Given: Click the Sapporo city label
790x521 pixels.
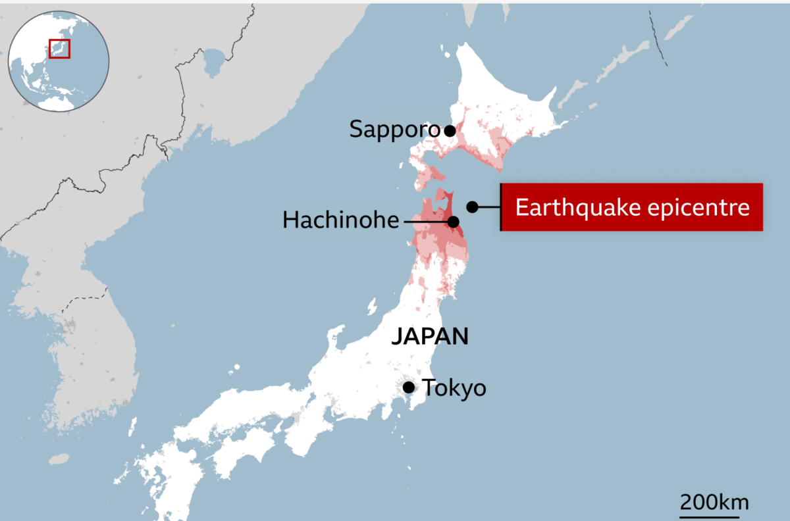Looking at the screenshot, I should pyautogui.click(x=394, y=130).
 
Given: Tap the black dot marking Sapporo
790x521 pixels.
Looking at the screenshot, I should pyautogui.click(x=450, y=130).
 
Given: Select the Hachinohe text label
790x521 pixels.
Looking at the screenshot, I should pyautogui.click(x=340, y=220).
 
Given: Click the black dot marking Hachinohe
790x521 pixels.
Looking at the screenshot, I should pyautogui.click(x=453, y=222).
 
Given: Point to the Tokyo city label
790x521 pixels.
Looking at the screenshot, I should pyautogui.click(x=454, y=388).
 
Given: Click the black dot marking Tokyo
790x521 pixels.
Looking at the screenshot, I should pyautogui.click(x=409, y=387).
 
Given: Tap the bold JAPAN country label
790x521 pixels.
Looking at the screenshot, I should pyautogui.click(x=430, y=337).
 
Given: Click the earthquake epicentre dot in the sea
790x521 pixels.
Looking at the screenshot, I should pyautogui.click(x=472, y=207).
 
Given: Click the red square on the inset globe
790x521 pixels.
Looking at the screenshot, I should pyautogui.click(x=59, y=48).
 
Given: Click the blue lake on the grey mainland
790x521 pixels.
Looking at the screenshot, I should pyautogui.click(x=213, y=63).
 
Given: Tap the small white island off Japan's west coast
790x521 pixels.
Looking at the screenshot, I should pyautogui.click(x=371, y=306).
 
